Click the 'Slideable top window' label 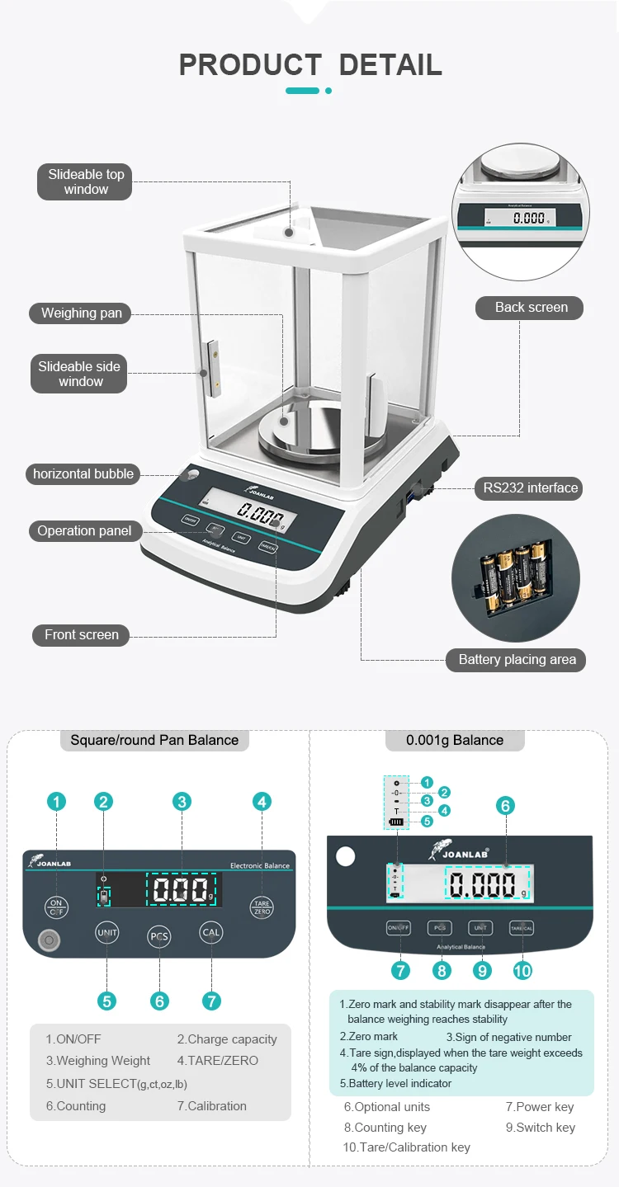(86, 182)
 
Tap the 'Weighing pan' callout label (81, 313)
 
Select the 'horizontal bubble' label (83, 473)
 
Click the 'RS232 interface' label (530, 488)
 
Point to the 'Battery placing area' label (517, 659)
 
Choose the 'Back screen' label (531, 307)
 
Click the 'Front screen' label (81, 634)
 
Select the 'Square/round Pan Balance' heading (154, 740)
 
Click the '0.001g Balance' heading (454, 740)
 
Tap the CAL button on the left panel (211, 933)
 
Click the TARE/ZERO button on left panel (262, 907)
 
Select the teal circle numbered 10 (522, 970)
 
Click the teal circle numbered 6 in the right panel (506, 806)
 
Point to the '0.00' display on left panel (182, 891)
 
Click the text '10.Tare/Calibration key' (406, 1147)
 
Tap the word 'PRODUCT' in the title (250, 64)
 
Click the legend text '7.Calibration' (211, 1105)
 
